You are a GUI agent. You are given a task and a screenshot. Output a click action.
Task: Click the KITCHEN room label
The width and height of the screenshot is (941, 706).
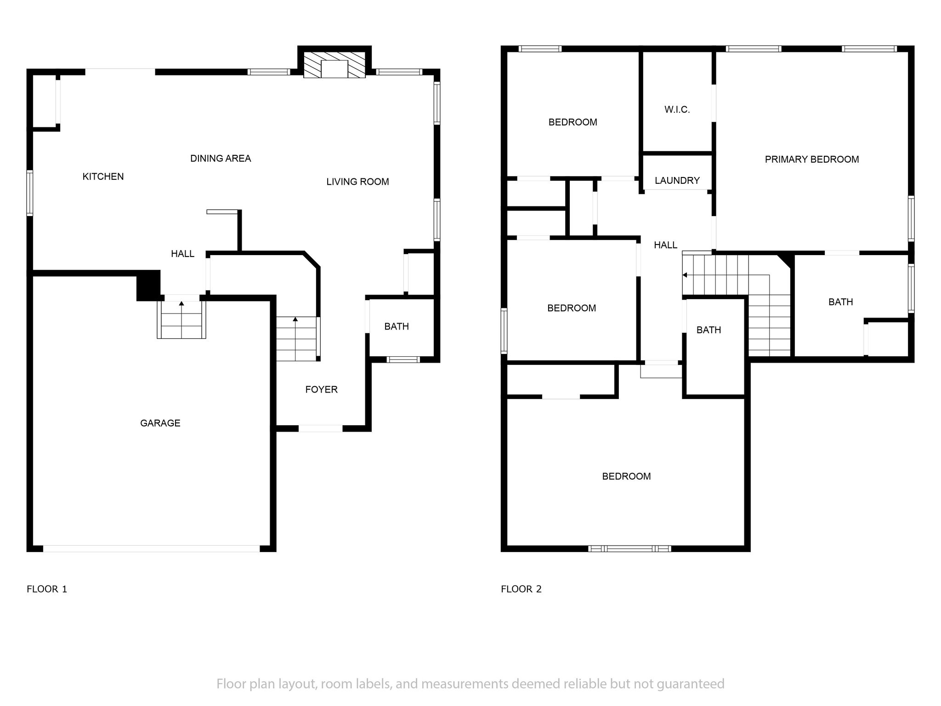point(103,176)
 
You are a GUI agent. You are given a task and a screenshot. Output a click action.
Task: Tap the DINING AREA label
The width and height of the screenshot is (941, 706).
point(221,159)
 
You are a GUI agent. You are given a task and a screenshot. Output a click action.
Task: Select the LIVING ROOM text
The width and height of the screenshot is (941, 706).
point(357,182)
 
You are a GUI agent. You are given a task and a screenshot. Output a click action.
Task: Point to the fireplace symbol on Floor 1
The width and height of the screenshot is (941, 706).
point(334,64)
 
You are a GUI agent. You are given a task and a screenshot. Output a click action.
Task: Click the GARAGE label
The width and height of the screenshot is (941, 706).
point(160,423)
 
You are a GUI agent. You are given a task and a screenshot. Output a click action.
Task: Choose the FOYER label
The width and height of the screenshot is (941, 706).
point(321,390)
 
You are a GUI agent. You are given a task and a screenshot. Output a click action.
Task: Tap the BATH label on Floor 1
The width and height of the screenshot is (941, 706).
point(397,327)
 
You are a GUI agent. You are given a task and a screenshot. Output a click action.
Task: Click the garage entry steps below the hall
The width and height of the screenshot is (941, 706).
point(181,319)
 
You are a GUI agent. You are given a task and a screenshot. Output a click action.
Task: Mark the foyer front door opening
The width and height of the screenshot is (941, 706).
point(321,428)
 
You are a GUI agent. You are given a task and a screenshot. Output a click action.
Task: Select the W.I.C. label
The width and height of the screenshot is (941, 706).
point(677,110)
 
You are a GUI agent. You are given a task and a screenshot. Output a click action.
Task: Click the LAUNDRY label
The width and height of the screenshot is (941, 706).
point(677,181)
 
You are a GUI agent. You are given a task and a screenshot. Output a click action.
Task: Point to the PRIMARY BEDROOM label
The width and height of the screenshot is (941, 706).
point(812,159)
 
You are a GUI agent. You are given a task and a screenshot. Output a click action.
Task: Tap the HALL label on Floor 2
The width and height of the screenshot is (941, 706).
point(665,245)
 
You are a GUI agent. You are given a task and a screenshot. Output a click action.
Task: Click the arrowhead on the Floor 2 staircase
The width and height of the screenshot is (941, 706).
point(685,275)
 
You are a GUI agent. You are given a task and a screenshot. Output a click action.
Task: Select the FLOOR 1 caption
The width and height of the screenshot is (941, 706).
point(47,589)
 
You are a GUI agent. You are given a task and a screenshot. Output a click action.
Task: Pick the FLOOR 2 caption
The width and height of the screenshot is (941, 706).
point(521,589)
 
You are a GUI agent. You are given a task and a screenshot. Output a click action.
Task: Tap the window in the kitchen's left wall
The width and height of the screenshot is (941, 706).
point(30,193)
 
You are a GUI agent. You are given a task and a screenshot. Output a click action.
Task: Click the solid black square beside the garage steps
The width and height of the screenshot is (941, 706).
point(148,285)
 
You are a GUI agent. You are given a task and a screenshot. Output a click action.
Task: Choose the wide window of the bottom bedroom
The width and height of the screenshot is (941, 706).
point(629,548)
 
